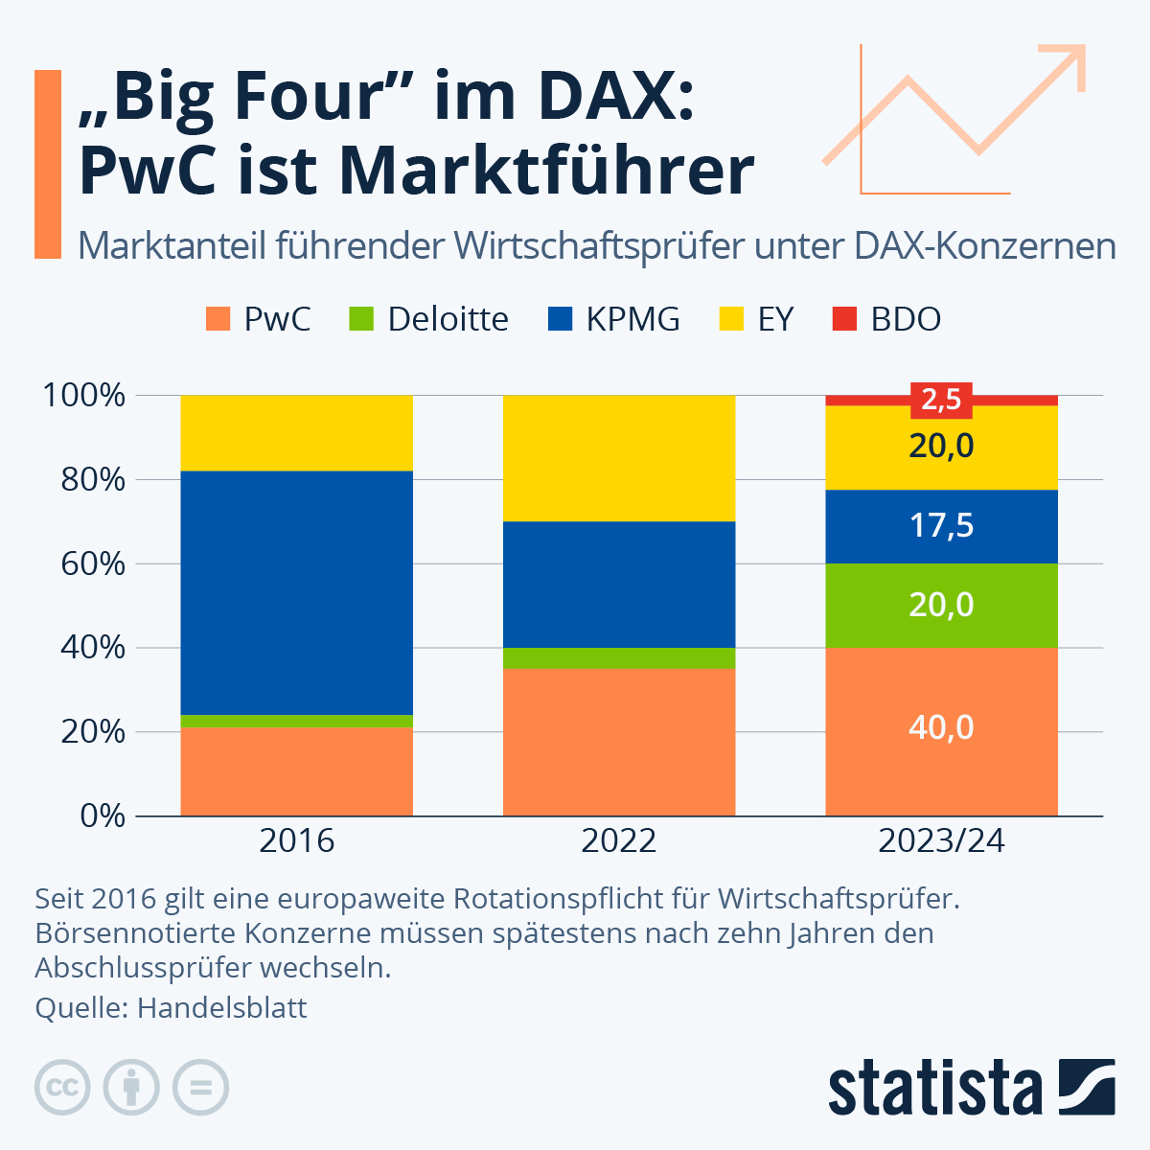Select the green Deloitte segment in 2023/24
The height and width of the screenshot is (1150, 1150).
coord(941,605)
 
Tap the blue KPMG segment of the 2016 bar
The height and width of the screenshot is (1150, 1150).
coord(296,592)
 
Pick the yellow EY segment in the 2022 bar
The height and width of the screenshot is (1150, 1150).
coord(619,458)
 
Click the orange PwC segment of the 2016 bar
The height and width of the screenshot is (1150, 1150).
coord(296,771)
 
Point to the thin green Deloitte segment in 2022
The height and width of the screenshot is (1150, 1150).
coord(619,657)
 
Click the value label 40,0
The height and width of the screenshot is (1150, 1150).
coord(941,727)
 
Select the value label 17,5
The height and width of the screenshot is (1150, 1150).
coord(941,525)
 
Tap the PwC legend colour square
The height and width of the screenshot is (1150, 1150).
coord(219,319)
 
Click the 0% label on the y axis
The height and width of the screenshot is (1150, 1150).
coord(103,816)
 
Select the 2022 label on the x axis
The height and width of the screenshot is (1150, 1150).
coord(619,840)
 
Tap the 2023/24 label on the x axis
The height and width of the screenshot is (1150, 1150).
coord(941,840)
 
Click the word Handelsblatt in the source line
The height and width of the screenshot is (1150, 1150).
coord(222,1007)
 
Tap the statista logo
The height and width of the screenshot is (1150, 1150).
coord(971,1088)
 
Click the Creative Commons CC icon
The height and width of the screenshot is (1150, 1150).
coord(63,1088)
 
